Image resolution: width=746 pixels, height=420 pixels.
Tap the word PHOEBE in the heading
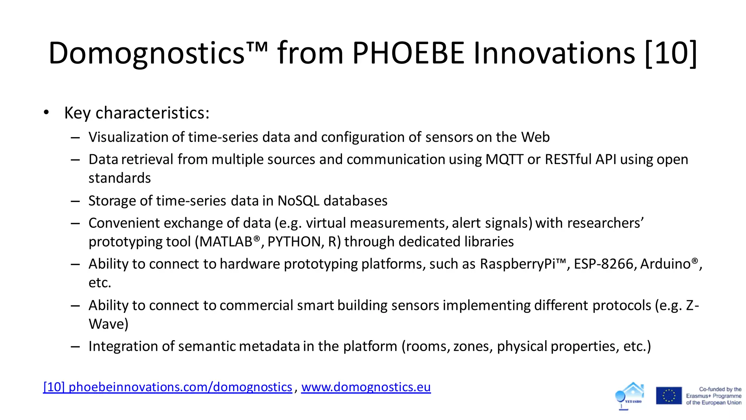(x=408, y=53)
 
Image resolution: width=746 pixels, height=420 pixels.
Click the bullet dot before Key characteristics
(x=46, y=113)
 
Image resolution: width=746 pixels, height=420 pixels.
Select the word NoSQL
(x=298, y=201)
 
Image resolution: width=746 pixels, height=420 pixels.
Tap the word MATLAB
(x=226, y=242)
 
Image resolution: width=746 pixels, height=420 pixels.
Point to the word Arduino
(x=665, y=264)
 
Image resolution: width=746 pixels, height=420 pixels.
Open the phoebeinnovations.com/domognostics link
(x=180, y=387)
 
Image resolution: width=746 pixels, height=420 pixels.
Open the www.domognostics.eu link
(x=366, y=387)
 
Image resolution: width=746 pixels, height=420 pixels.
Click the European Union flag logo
(x=669, y=396)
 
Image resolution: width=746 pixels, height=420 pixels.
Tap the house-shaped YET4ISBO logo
(x=630, y=396)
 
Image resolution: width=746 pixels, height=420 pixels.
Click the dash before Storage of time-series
(x=75, y=201)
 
